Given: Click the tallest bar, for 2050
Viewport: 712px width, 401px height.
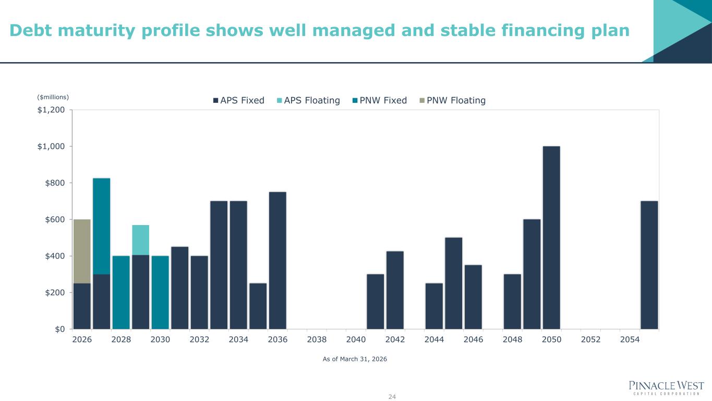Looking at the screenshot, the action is [551, 238].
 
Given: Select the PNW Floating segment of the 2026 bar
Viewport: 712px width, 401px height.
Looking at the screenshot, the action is [82, 252].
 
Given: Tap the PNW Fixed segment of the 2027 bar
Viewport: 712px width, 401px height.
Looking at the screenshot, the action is [101, 226].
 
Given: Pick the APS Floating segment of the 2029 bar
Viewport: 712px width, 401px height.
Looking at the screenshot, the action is [140, 240].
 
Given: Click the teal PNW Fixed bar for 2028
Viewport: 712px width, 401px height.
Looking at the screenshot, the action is [121, 292].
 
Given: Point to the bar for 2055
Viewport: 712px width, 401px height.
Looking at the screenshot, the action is [649, 265].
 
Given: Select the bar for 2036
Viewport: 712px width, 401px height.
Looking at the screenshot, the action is [277, 261].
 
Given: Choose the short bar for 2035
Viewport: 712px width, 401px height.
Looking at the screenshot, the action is [258, 306].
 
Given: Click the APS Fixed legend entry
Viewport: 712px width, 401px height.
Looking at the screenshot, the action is [239, 101].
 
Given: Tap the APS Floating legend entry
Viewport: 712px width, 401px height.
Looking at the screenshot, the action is [308, 101].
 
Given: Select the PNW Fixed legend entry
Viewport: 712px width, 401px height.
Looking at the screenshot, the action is [380, 101].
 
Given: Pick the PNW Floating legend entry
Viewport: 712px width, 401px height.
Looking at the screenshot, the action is [453, 101].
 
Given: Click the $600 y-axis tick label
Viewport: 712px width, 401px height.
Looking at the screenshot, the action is [55, 220].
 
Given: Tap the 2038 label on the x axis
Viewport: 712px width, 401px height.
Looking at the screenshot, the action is [317, 339].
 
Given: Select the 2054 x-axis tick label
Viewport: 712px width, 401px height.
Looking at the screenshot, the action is [630, 339].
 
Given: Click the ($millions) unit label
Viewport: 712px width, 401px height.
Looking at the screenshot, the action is [53, 97].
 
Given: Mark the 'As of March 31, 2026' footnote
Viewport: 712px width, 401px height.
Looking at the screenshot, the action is [355, 359].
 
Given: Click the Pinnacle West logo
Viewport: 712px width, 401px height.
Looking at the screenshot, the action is [666, 388].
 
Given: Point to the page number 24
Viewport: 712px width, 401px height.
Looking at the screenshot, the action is [392, 397].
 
